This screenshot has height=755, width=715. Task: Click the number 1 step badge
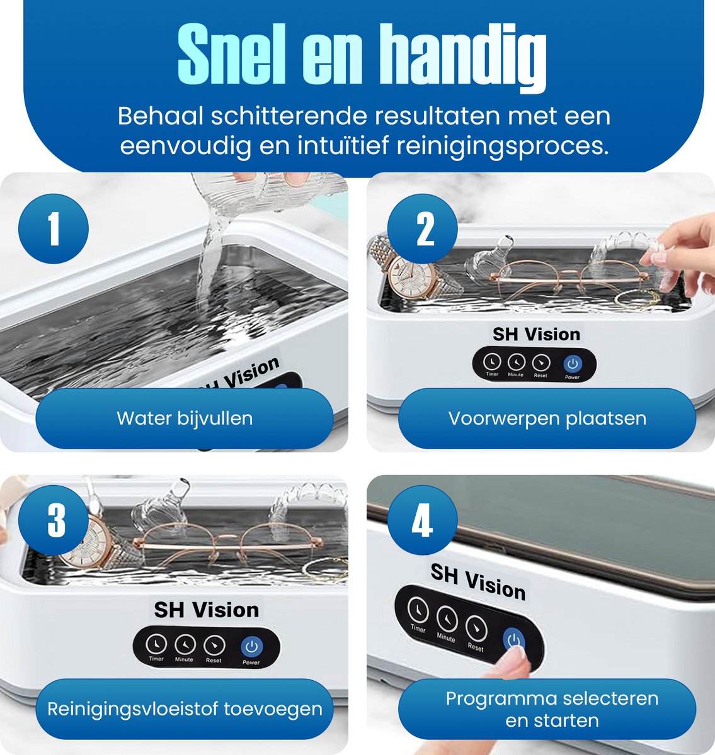pos(54,229)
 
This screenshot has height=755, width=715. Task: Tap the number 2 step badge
pos(422,229)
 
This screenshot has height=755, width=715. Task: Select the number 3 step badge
pos(54,520)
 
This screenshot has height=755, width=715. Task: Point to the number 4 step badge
pos(422,520)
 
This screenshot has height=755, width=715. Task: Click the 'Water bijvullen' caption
pos(185,418)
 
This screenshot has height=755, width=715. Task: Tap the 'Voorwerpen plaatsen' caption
pos(547,418)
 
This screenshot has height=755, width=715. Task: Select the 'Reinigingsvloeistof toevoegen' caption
pos(185,709)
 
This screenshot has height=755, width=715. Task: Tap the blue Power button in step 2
pos(573,363)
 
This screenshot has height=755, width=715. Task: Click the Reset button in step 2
pos(541,362)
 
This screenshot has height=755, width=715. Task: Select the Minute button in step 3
pos(185,644)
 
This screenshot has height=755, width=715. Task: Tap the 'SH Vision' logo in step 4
pos(478,581)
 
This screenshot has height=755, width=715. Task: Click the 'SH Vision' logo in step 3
pos(207,610)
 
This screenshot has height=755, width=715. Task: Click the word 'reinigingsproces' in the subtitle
pos(502,147)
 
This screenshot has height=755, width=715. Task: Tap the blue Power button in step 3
pos(251,646)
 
